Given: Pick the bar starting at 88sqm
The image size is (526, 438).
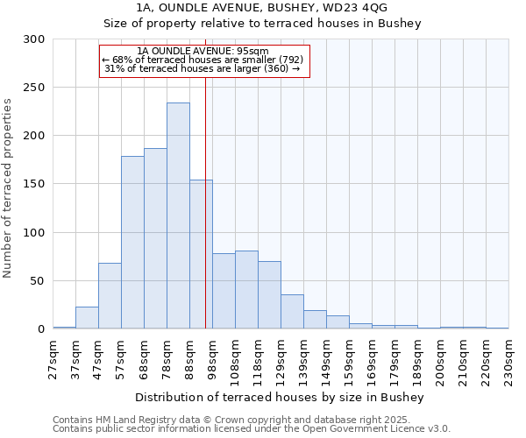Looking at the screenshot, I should point(201,254).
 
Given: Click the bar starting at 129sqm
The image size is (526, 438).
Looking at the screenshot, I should point(292,312).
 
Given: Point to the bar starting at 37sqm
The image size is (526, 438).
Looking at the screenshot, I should point(87,318).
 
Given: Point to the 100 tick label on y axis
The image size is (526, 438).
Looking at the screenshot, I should point(33,233).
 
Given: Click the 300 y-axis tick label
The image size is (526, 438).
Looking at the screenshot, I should point(33,39).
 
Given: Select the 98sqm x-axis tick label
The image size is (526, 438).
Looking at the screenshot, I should point(212,357).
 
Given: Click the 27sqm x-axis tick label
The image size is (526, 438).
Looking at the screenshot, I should point(53,357).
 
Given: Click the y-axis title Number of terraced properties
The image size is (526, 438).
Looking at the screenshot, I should point(8,187).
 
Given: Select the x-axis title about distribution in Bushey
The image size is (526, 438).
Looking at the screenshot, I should point(280,397).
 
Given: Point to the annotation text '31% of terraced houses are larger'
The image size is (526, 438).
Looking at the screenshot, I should point(203,68).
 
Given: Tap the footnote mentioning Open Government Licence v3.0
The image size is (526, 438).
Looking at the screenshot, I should point(252,429).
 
